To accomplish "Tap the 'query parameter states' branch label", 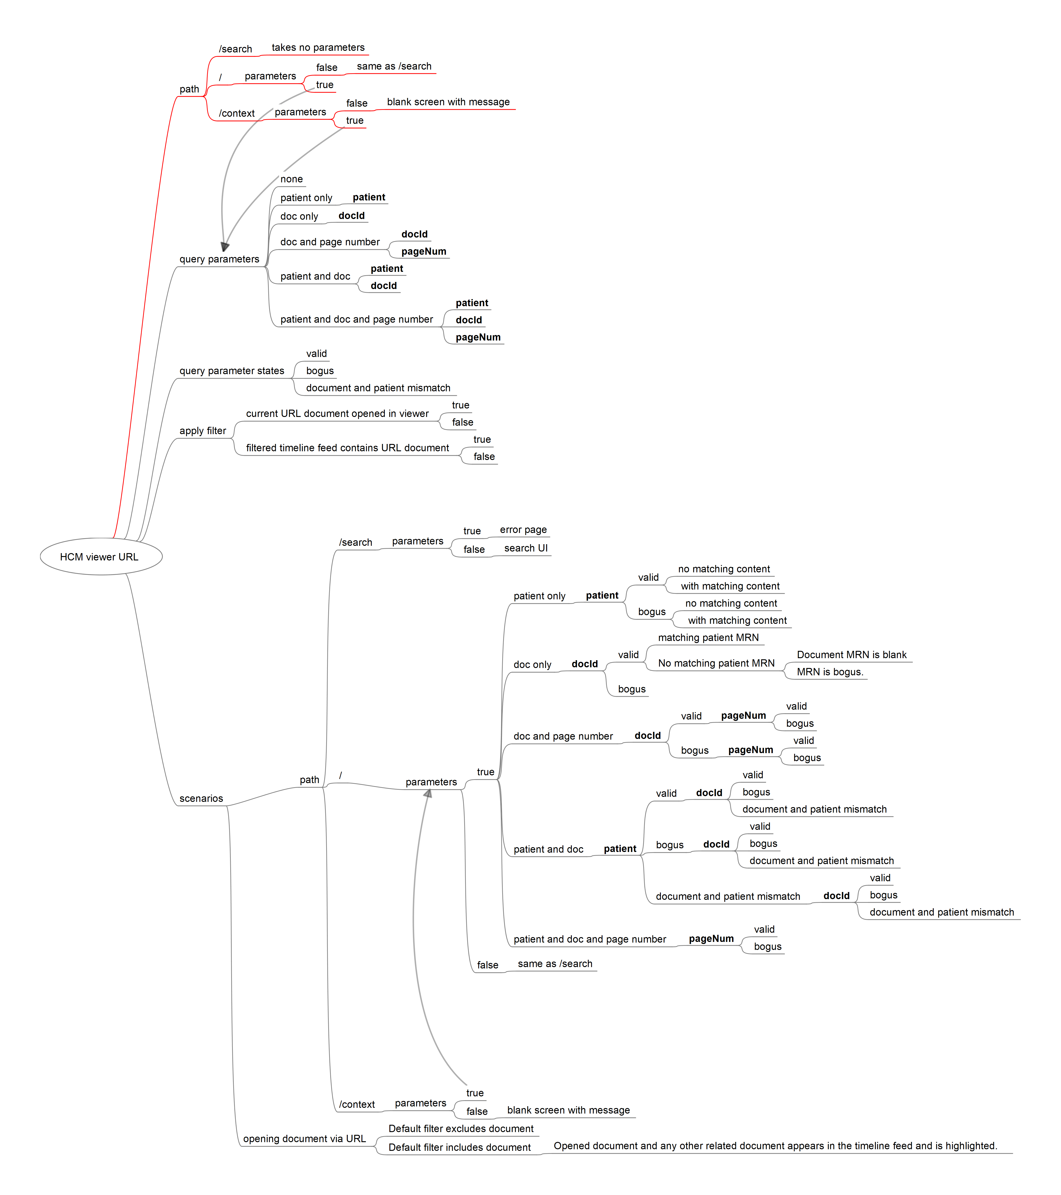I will [232, 371].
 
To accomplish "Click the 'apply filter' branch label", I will [202, 431].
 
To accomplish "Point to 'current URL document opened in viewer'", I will [337, 413].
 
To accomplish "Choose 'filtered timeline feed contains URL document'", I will [347, 448].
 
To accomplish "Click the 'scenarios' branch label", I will [201, 799].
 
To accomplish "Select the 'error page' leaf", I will [523, 530].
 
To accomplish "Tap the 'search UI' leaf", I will [526, 548].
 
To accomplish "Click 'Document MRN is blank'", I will [851, 655].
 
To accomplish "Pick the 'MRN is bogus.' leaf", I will [829, 672].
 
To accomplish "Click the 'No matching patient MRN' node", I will [716, 663].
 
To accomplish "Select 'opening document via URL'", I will [304, 1139].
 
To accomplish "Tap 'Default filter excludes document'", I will [461, 1128].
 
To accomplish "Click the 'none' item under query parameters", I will [291, 179].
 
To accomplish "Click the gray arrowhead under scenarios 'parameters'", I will [428, 793].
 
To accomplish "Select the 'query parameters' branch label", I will [219, 259].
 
